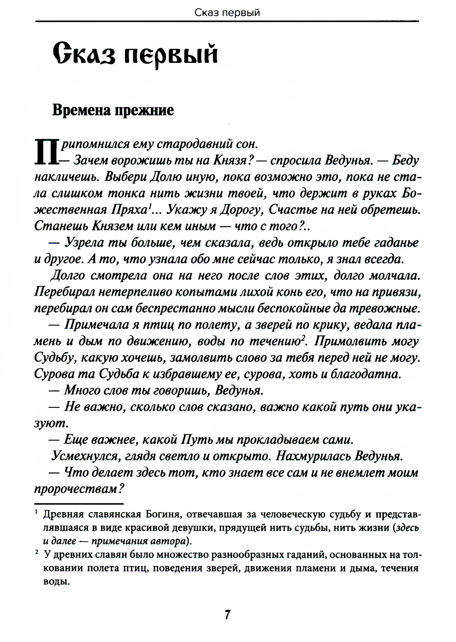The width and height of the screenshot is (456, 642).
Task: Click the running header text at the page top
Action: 227,12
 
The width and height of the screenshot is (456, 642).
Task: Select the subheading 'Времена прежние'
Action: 113,111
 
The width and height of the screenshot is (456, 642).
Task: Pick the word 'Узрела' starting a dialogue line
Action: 87,243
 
